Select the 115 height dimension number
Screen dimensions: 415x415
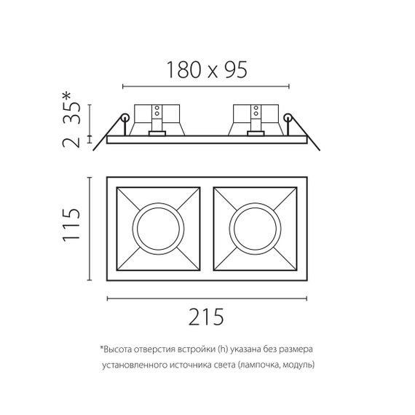pyautogui.click(x=71, y=228)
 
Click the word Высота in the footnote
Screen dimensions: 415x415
pyautogui.click(x=121, y=351)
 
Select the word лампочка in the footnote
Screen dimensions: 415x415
pyautogui.click(x=257, y=365)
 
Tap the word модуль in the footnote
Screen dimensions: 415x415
pyautogui.click(x=298, y=365)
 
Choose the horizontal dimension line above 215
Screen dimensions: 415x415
pyautogui.click(x=206, y=299)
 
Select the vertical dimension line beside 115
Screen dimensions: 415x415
pyautogui.click(x=90, y=228)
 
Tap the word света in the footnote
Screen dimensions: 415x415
pyautogui.click(x=219, y=365)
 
